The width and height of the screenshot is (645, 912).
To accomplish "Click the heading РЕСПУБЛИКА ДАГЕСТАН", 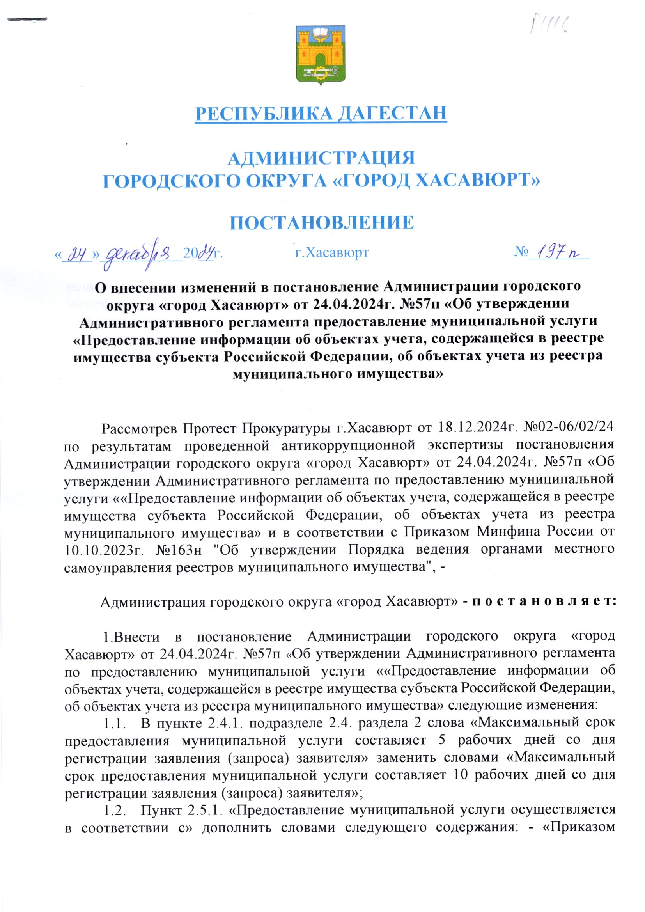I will tap(321, 113).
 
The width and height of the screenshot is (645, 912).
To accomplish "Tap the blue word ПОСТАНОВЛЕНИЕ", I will tap(322, 222).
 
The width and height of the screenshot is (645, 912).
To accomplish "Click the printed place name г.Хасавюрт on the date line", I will tap(332, 252).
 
